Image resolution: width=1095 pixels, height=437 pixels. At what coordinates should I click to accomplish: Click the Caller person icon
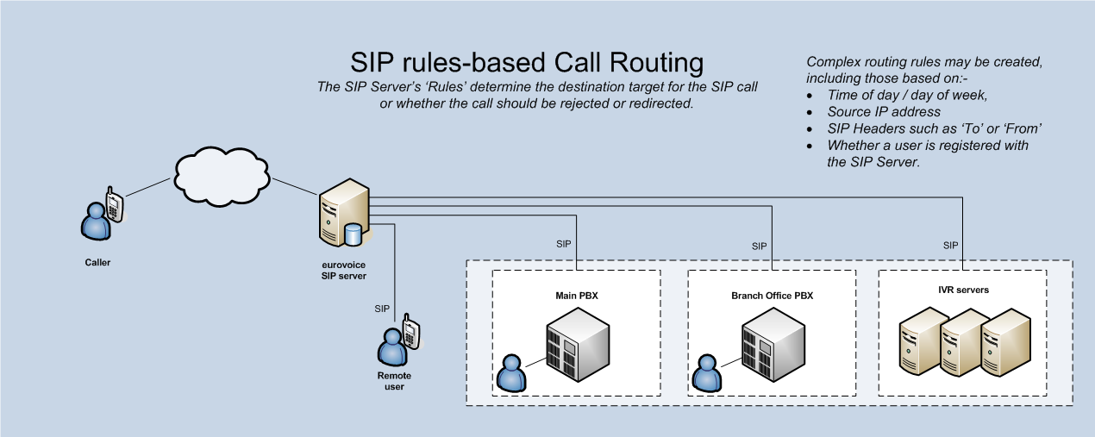95,222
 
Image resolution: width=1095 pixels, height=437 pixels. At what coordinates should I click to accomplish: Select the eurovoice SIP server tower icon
344,212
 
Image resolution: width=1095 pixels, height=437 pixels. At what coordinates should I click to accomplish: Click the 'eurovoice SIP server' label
338,270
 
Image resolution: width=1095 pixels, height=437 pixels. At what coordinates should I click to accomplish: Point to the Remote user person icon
392,346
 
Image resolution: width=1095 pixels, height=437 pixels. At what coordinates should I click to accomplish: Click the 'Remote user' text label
394,381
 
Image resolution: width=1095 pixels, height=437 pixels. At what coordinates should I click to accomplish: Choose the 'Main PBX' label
577,296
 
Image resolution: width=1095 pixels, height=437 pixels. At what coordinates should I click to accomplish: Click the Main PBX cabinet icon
578,344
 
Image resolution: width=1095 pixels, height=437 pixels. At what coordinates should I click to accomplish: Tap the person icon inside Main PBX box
511,373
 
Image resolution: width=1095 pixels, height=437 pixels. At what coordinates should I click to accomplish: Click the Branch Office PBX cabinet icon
773,344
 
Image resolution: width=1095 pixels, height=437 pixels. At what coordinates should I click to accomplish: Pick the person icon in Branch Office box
707,373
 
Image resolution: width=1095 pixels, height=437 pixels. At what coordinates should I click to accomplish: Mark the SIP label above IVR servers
951,246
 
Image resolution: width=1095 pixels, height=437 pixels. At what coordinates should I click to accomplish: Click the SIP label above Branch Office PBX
759,246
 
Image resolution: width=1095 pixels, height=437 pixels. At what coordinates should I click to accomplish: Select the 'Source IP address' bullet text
884,112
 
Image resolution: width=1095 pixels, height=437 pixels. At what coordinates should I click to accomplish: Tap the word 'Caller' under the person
97,262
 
